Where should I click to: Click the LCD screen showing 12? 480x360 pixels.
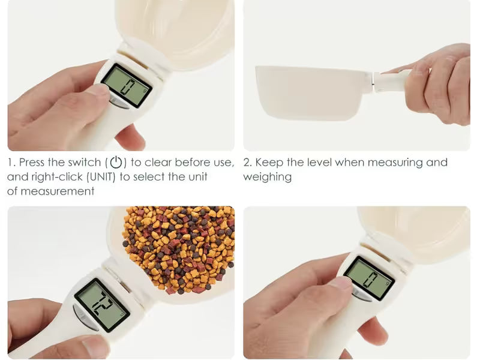(102, 305)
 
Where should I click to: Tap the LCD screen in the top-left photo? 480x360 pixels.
(127, 85)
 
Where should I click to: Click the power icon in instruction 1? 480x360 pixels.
(116, 162)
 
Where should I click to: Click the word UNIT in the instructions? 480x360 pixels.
(101, 176)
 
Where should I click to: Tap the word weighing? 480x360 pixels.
(267, 177)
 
